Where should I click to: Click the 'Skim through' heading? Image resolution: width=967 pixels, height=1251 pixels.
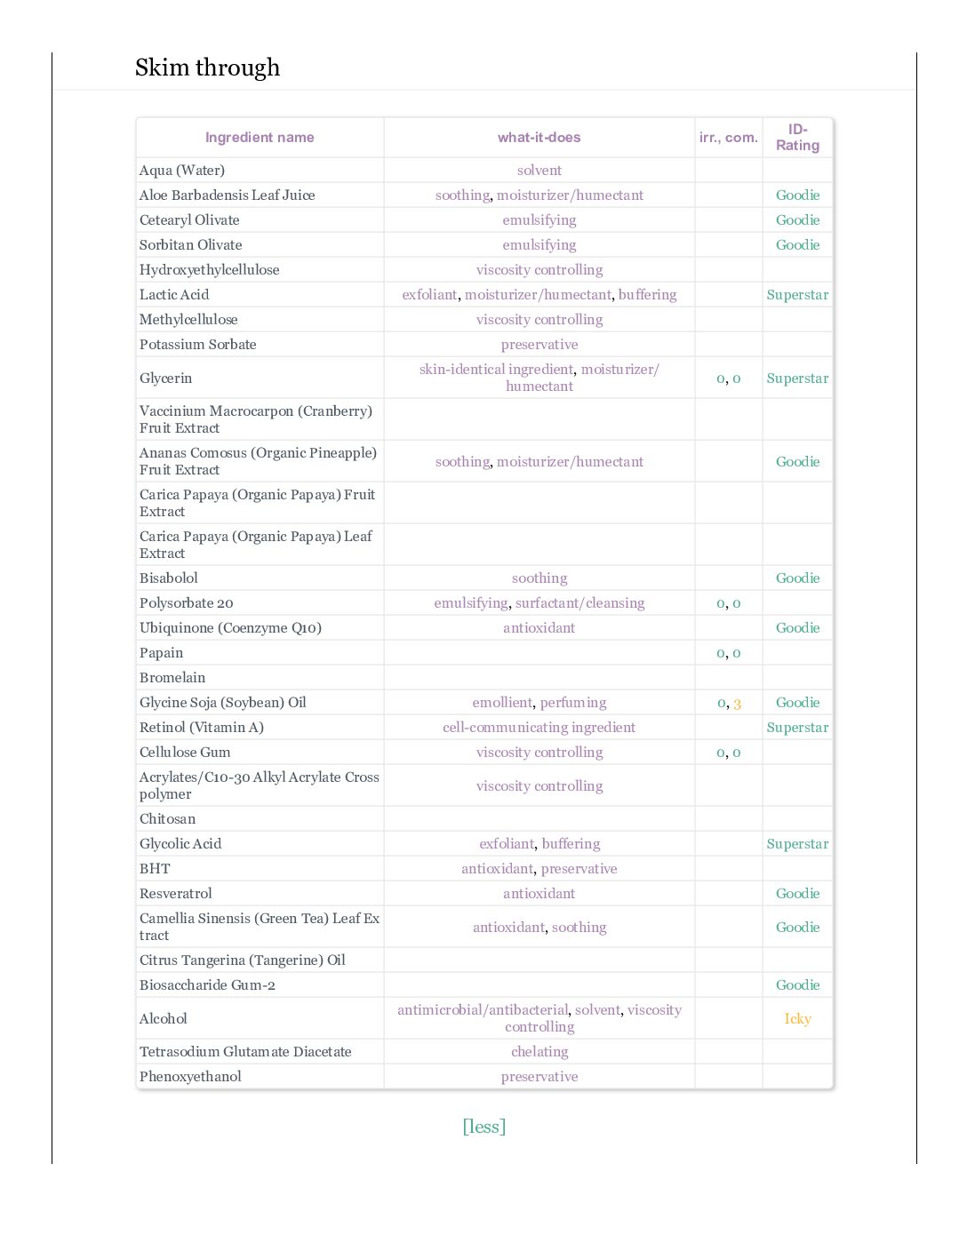coord(207,68)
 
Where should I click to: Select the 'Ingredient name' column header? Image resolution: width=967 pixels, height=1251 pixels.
coord(260,138)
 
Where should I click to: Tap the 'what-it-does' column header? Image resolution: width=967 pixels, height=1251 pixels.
coord(539,138)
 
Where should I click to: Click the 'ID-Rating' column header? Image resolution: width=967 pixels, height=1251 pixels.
coord(797,138)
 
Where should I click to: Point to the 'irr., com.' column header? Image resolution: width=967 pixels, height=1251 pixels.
coord(728,138)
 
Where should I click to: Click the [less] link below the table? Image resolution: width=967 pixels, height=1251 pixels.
coord(483,1127)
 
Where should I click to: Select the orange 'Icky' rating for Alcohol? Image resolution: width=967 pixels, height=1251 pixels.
coord(797,1019)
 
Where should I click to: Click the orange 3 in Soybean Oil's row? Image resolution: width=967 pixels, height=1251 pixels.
coord(737,704)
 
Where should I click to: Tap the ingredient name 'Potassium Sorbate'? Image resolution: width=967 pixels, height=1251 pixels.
coord(197,345)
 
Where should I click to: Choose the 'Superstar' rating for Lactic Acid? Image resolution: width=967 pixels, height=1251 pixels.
coord(797,295)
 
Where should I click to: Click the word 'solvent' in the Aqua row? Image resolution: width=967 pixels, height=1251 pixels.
coord(539,171)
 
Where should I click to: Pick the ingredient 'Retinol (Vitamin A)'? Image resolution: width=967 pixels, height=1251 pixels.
coord(202,728)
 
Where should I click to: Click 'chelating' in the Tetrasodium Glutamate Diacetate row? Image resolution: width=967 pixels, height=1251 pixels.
coord(539,1052)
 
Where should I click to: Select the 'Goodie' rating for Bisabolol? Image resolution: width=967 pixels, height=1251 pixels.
coord(797,578)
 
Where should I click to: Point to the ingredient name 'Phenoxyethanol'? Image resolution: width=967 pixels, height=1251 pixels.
coord(190,1077)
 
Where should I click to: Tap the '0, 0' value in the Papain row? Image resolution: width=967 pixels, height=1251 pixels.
coord(728,653)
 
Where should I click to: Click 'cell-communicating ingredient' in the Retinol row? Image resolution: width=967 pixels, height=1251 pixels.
coord(539,728)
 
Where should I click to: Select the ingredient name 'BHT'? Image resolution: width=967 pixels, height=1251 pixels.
coord(155,869)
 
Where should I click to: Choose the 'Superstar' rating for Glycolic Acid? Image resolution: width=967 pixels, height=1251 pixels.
coord(797,844)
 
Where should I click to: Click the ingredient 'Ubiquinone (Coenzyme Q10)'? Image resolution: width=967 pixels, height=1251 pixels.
coord(230,628)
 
